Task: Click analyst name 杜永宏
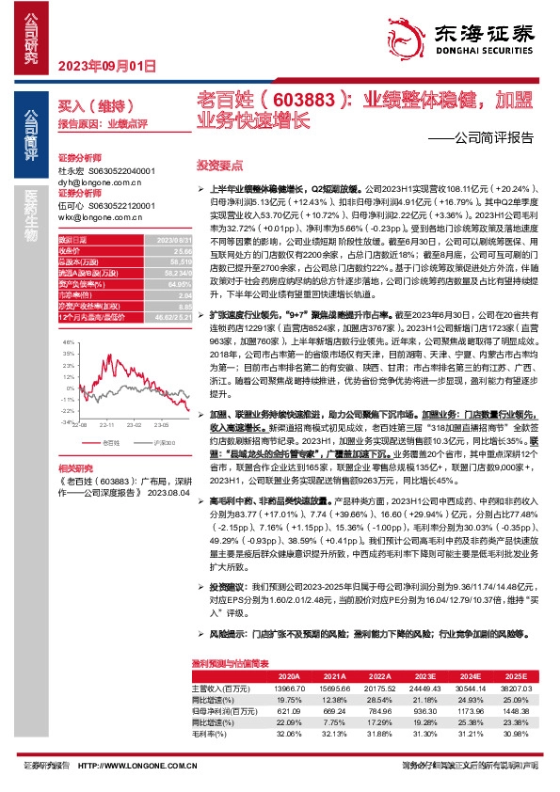[x=72, y=171]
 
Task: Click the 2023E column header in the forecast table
[x=397, y=677]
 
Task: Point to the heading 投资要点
[x=213, y=164]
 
